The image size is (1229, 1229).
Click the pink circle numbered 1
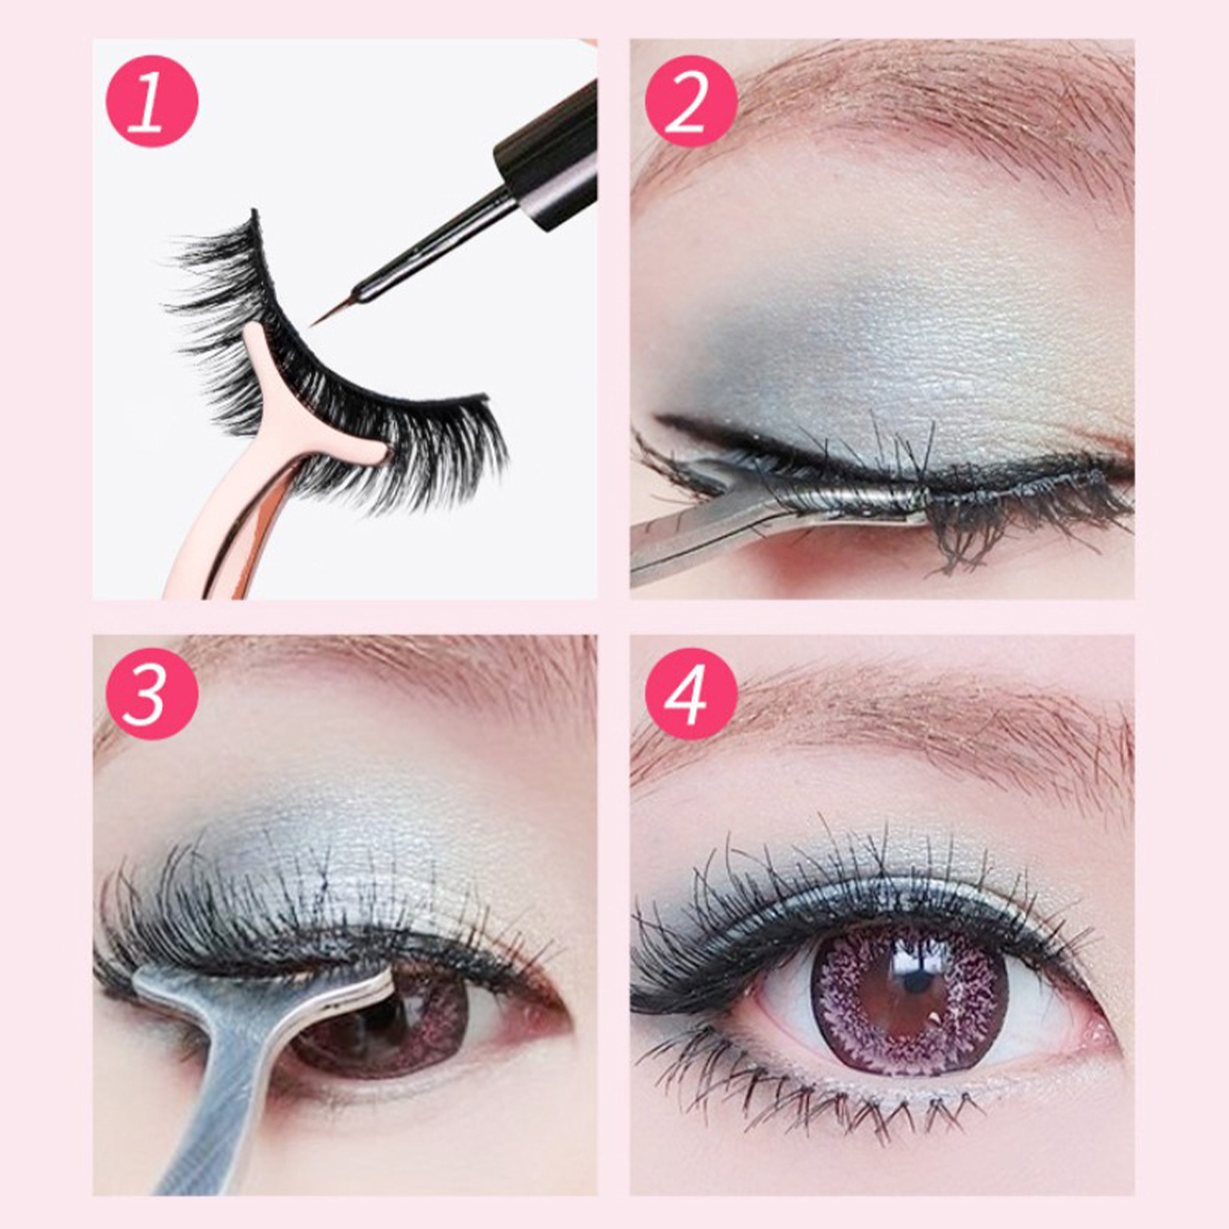point(152,101)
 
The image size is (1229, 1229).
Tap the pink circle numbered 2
point(691,101)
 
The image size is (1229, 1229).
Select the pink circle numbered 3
point(152,694)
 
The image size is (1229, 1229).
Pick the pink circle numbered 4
point(691,694)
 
